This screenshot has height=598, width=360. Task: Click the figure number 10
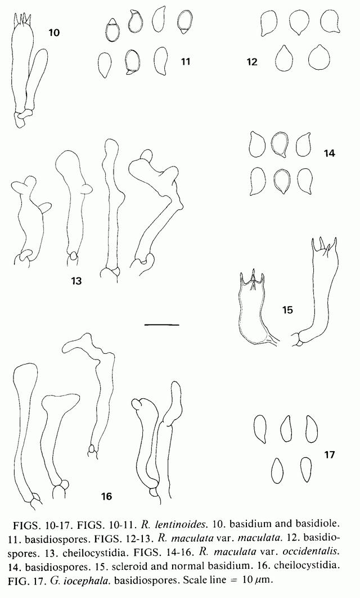click(54, 33)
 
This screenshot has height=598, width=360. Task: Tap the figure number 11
click(185, 61)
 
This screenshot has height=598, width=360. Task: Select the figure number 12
click(252, 62)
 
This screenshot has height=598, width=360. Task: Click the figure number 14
click(329, 154)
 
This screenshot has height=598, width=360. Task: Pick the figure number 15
click(287, 310)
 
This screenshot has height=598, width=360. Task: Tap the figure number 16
click(106, 496)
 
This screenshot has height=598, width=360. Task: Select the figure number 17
click(329, 455)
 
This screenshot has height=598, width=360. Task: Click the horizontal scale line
click(161, 325)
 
